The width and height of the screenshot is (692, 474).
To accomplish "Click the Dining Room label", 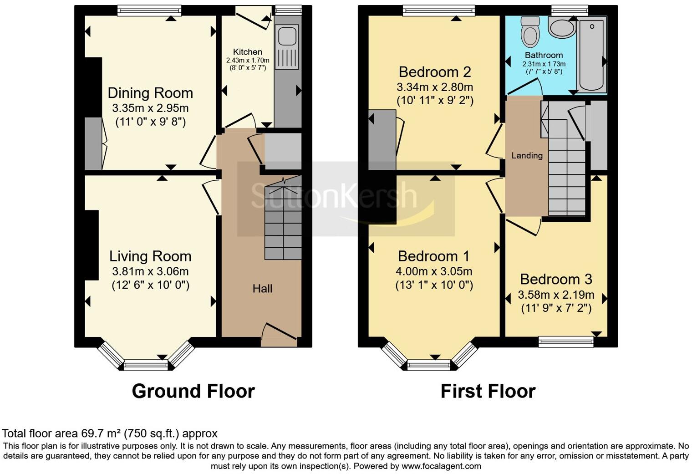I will click(x=150, y=93).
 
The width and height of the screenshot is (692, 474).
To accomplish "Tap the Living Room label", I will click(x=150, y=256).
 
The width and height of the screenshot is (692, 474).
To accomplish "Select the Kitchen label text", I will click(x=248, y=52).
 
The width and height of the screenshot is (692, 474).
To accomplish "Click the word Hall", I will click(x=262, y=289).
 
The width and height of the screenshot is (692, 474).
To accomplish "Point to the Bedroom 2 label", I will click(x=434, y=72).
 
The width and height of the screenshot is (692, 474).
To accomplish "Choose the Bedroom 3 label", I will click(x=556, y=279).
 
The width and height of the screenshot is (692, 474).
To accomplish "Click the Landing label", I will click(x=527, y=156).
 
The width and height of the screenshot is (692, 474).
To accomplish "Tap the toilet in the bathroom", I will click(x=530, y=32).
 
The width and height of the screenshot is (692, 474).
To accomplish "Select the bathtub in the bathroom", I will click(x=592, y=54).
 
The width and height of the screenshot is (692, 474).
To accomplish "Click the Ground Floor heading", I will click(x=193, y=391).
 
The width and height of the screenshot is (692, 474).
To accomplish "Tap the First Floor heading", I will click(x=488, y=391).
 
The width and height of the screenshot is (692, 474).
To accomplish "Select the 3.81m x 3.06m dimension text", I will click(x=150, y=272).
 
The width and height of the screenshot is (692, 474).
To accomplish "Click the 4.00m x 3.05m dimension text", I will click(x=434, y=272).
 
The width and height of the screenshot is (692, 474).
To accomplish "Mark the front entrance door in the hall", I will click(x=280, y=334).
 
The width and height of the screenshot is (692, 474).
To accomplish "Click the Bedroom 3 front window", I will click(x=566, y=341).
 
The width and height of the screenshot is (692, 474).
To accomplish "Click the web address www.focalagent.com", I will click(x=441, y=466).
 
